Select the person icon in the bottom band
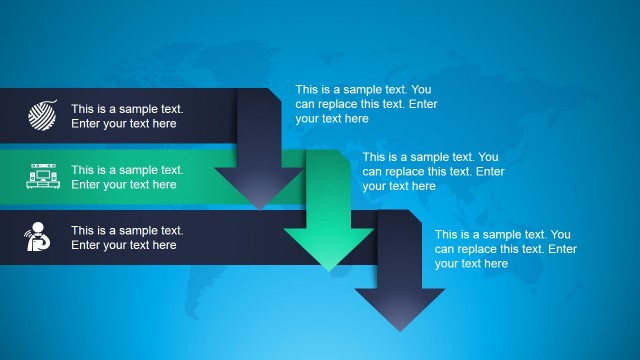click(40, 237)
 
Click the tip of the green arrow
click(329, 269)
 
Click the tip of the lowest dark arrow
click(400, 329)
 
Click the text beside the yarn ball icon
click(127, 116)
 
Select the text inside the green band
click(127, 177)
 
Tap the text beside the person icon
click(127, 237)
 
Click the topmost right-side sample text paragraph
click(366, 104)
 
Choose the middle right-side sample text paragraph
click(433, 171)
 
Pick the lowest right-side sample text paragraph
click(505, 249)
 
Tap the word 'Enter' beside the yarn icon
click(87, 124)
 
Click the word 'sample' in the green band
click(145, 170)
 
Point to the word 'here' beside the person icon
click(163, 245)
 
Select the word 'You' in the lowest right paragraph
click(561, 234)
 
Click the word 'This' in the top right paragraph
click(306, 89)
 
